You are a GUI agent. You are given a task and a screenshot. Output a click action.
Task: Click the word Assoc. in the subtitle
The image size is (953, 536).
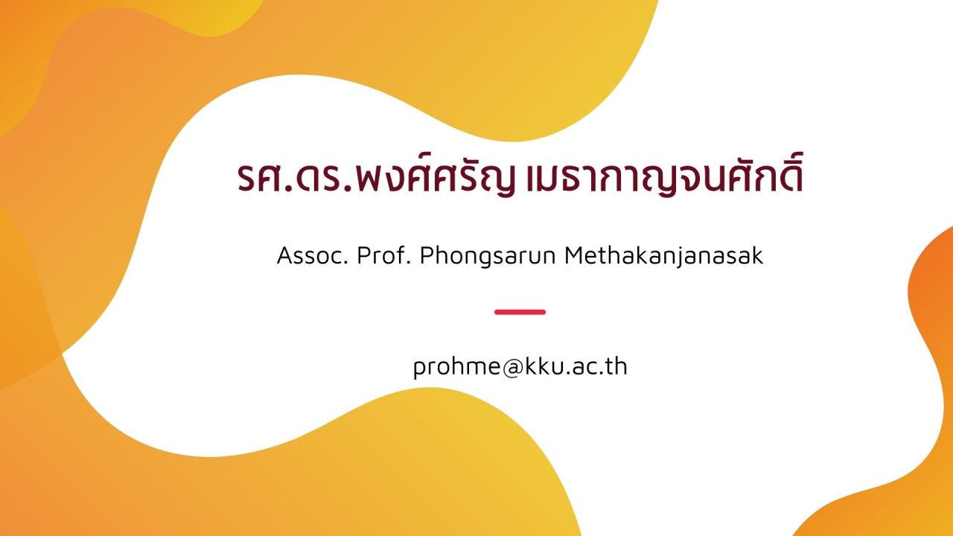pyautogui.click(x=313, y=255)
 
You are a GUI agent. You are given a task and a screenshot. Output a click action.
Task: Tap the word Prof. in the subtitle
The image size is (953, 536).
pyautogui.click(x=383, y=255)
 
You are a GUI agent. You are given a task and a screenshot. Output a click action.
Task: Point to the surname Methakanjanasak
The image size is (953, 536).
pyautogui.click(x=664, y=256)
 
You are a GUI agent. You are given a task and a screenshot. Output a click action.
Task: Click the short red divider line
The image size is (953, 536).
pyautogui.click(x=520, y=312)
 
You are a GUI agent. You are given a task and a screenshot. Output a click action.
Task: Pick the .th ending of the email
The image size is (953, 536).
pyautogui.click(x=615, y=366)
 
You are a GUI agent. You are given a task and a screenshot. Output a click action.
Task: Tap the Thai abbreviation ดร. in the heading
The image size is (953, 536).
pyautogui.click(x=325, y=177)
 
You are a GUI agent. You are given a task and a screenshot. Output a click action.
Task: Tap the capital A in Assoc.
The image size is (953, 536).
pyautogui.click(x=286, y=255)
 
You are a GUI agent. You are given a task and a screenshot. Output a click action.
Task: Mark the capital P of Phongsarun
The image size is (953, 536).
pyautogui.click(x=427, y=255)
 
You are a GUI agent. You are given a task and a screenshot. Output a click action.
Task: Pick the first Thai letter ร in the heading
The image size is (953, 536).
pyautogui.click(x=248, y=177)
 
